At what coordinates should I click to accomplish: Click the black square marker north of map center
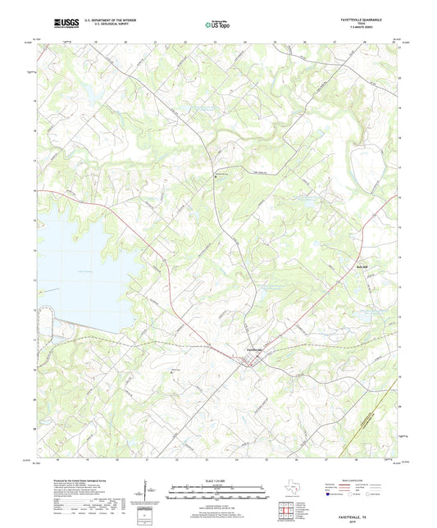point(215,175)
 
